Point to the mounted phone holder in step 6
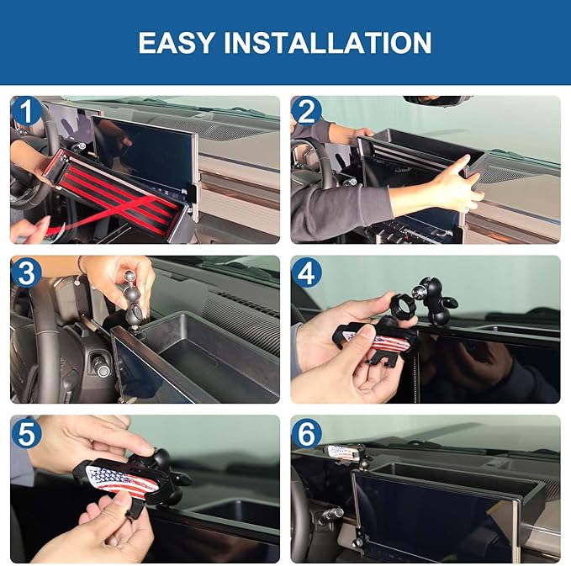click(345, 453)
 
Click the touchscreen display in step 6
click(429, 513)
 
